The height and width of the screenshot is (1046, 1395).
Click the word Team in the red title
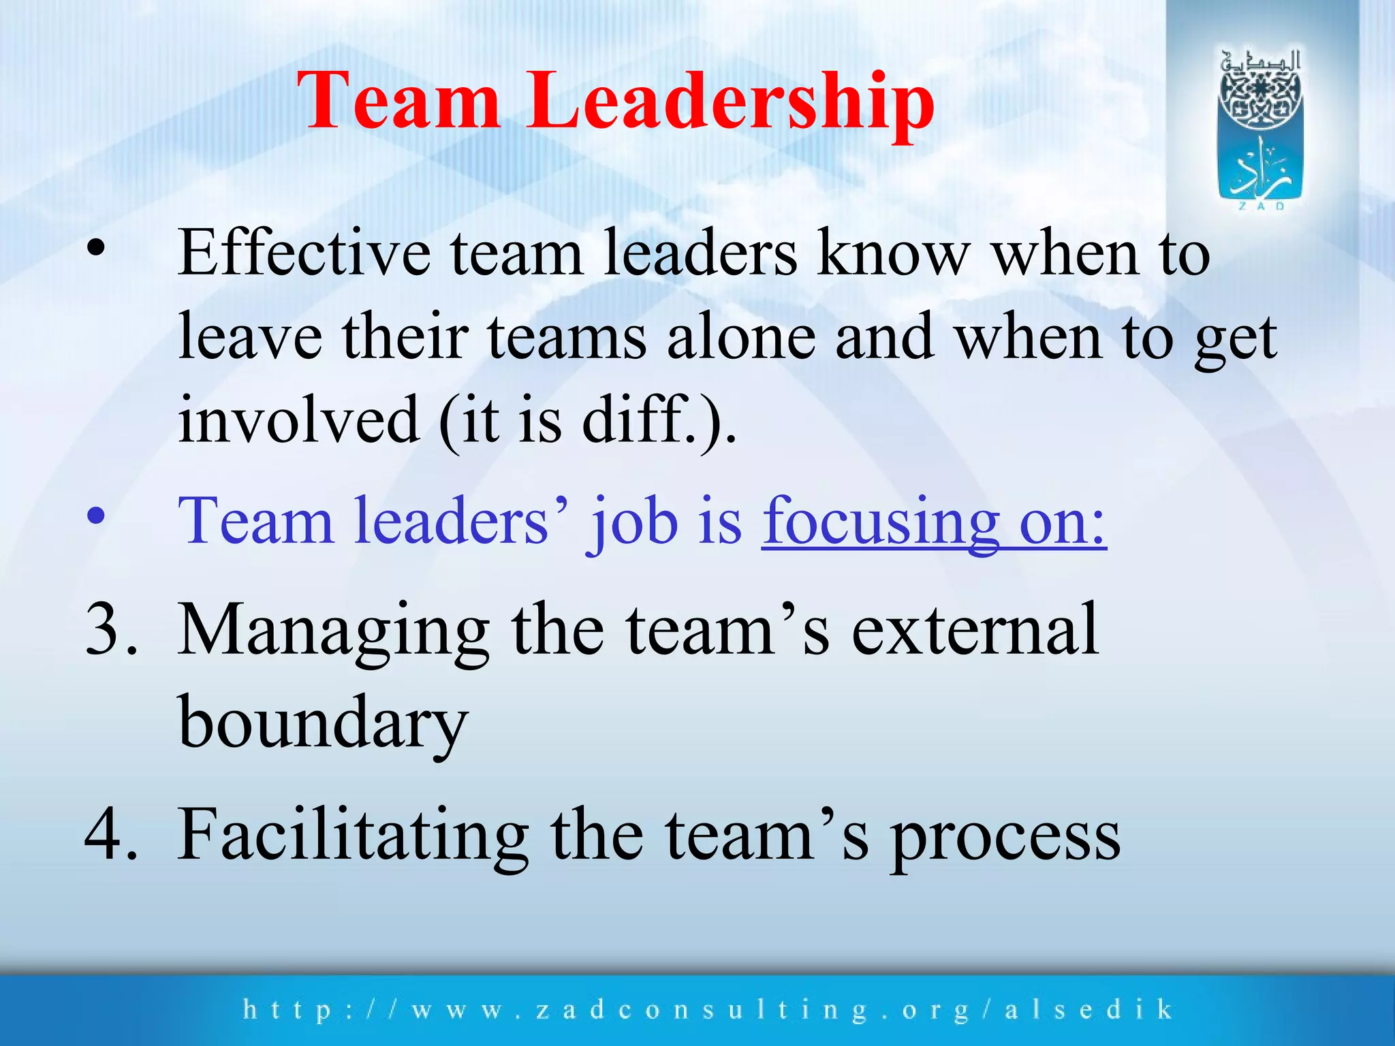402,102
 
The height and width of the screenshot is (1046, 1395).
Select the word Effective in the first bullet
304,253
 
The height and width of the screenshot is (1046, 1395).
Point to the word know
892,253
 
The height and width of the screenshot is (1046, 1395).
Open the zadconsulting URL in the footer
708,1010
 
